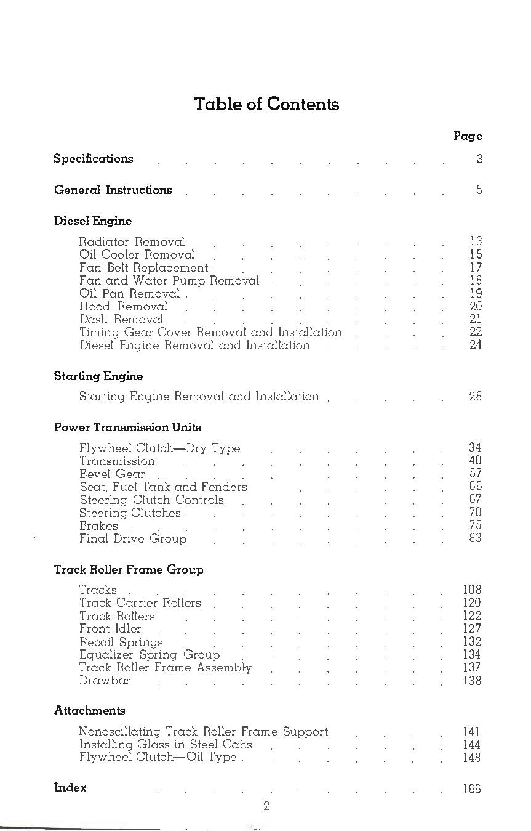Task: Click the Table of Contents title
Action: coord(266,104)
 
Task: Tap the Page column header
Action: coord(468,136)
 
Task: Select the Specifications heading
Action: coord(94,159)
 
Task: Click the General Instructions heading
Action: coord(113,190)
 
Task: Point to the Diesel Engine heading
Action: coord(93,221)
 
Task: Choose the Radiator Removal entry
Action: coord(132,242)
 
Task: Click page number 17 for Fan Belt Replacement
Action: coord(475,268)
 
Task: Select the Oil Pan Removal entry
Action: coord(129,294)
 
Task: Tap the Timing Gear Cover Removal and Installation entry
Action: coord(210,333)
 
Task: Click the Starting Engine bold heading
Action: coord(98,376)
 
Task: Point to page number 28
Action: coord(475,397)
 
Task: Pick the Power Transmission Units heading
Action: coord(127,428)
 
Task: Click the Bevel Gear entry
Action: coord(112,474)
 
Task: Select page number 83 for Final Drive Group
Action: coord(475,538)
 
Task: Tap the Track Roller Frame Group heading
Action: coord(129,570)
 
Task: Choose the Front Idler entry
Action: coord(110,629)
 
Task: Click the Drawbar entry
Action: coord(105,681)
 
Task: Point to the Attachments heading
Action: coord(90,711)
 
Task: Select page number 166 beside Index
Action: coord(471,789)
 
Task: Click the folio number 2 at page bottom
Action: coord(266,806)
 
